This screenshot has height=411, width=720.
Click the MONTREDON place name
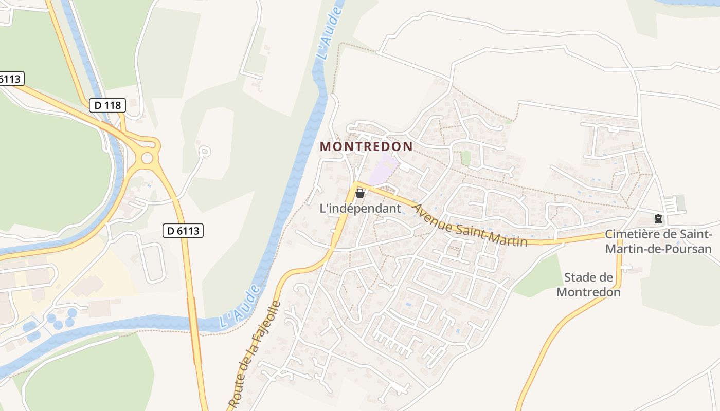[x=366, y=146]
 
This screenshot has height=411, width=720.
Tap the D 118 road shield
[x=107, y=105]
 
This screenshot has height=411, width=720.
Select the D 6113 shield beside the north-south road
[x=184, y=231]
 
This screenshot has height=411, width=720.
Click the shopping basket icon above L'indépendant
[x=360, y=193]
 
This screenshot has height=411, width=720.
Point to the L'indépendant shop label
[x=360, y=209]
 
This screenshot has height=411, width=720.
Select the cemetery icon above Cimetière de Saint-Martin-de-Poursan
[x=658, y=219]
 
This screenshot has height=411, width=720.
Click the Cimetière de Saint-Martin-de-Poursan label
[x=658, y=241]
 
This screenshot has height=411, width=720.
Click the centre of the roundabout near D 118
[x=147, y=158]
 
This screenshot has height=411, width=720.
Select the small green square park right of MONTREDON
[x=466, y=158]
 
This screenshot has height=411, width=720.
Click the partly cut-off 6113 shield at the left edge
[x=10, y=79]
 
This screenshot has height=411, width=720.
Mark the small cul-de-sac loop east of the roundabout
[x=205, y=151]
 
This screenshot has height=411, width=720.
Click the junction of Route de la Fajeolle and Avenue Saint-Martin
[x=356, y=184]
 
